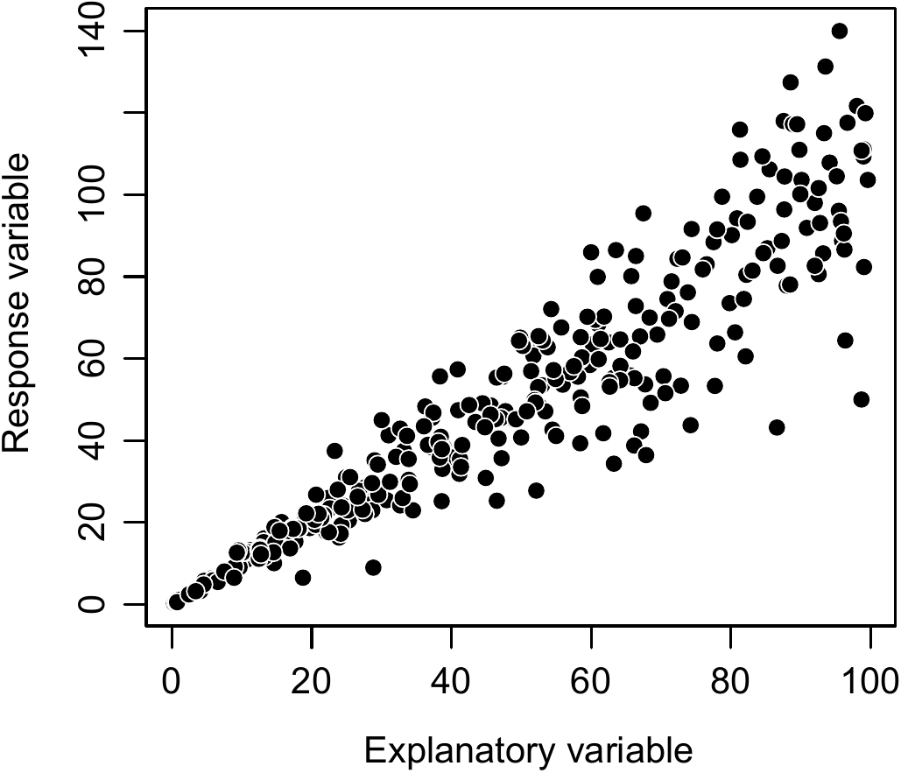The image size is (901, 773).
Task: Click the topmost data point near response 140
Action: point(839,31)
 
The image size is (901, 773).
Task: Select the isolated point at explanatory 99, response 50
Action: point(862,399)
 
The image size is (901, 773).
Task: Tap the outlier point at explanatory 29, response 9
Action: point(373,567)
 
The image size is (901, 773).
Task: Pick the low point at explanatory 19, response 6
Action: point(303,578)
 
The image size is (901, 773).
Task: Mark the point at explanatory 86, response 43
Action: point(777,427)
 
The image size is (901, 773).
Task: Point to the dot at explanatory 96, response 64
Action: point(845,341)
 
